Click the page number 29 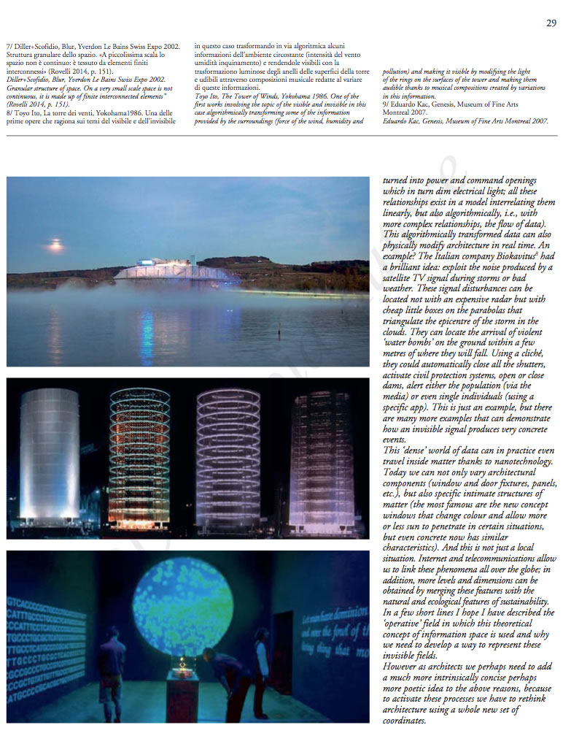pos(551,23)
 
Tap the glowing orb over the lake pos(55,245)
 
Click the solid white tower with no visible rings pos(50,456)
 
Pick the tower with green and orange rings pos(139,458)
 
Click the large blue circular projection pos(183,605)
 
